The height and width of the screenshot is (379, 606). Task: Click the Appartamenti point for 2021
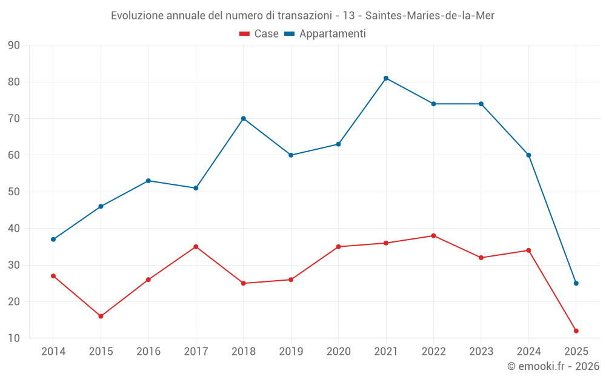386,78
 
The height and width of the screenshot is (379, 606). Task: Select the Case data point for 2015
101,316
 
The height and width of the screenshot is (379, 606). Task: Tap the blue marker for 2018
244,118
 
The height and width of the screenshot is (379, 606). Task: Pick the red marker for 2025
576,331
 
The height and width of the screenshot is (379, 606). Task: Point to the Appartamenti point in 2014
53,240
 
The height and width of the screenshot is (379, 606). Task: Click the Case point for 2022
433,236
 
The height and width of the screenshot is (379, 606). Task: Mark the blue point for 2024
528,155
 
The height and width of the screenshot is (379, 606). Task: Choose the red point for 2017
196,247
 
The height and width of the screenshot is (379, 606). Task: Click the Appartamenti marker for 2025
576,283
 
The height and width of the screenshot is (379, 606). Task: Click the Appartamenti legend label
332,34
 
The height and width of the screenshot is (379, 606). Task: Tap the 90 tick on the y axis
14,45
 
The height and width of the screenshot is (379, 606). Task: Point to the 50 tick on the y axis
14,192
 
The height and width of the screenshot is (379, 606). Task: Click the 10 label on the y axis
14,338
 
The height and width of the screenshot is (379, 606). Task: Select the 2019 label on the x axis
291,351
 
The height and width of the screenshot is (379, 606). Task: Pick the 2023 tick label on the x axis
481,351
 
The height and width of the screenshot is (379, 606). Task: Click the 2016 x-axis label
148,351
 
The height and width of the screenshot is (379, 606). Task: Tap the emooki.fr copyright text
553,366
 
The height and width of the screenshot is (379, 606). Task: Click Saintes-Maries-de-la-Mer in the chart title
430,16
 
